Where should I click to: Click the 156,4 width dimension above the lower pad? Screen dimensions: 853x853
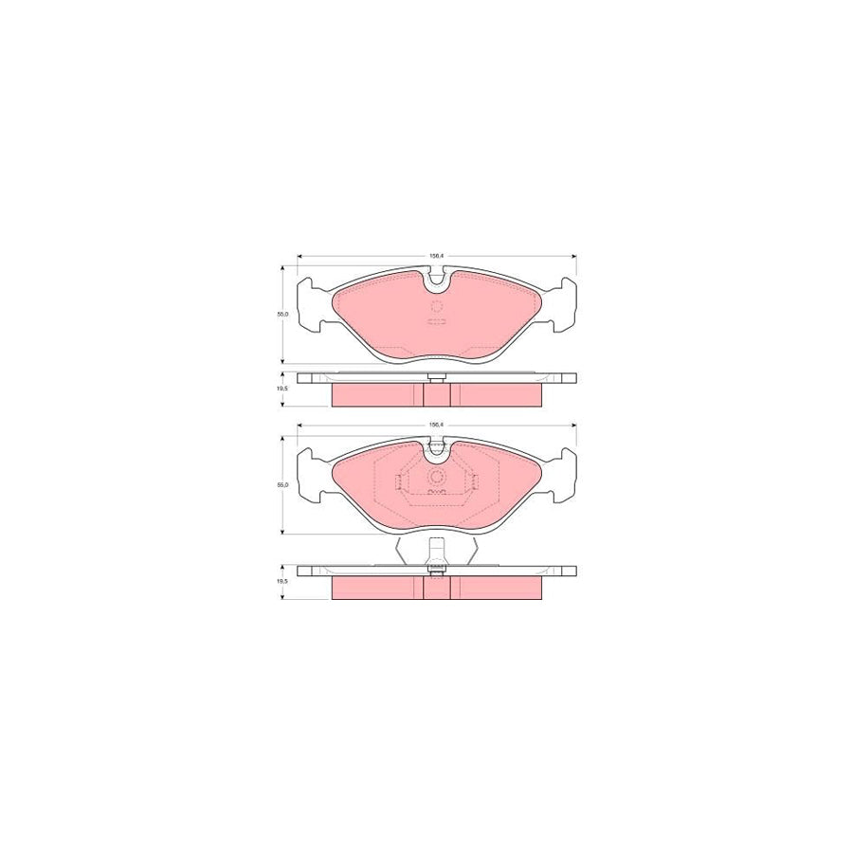point(437,424)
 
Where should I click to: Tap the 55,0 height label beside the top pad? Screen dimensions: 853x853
point(281,314)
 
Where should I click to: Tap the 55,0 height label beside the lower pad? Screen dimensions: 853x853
point(281,484)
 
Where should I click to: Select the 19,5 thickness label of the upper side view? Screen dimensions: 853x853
point(281,389)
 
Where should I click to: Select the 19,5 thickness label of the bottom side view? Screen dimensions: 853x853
point(281,584)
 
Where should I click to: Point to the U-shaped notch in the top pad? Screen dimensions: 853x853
point(437,278)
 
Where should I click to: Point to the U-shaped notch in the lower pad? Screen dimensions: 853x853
point(437,450)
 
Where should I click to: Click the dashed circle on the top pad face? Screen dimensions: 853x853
point(437,306)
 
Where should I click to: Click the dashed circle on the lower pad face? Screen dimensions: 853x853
point(437,478)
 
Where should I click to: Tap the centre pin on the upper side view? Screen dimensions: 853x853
point(437,377)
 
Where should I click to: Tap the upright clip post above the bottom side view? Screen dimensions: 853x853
point(437,550)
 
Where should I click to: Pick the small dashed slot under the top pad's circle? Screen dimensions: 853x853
point(437,322)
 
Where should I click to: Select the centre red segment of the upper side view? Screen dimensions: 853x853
point(437,393)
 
